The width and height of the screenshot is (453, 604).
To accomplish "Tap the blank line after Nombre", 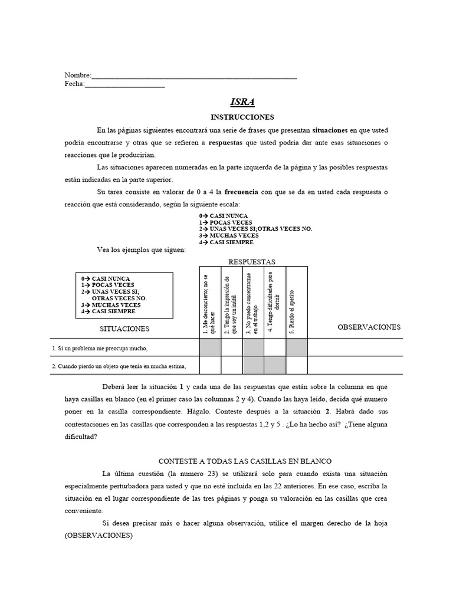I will click(x=194, y=77).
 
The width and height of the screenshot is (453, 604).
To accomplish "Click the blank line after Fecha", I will click(x=124, y=85).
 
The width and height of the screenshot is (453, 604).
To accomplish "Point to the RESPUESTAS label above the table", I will click(x=251, y=261).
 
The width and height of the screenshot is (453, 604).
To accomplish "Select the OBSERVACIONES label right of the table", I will click(x=369, y=327).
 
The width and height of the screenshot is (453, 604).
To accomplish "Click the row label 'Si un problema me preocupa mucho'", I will click(x=100, y=348).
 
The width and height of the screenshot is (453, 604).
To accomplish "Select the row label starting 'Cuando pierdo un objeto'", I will click(x=119, y=366).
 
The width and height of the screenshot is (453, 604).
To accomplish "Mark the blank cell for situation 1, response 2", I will click(x=232, y=347).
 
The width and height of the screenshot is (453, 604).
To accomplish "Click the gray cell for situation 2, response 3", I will click(x=253, y=366).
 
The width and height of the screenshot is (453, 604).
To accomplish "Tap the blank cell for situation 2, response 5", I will click(x=297, y=366).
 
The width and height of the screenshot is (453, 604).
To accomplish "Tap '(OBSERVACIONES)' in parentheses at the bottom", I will click(x=99, y=536).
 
